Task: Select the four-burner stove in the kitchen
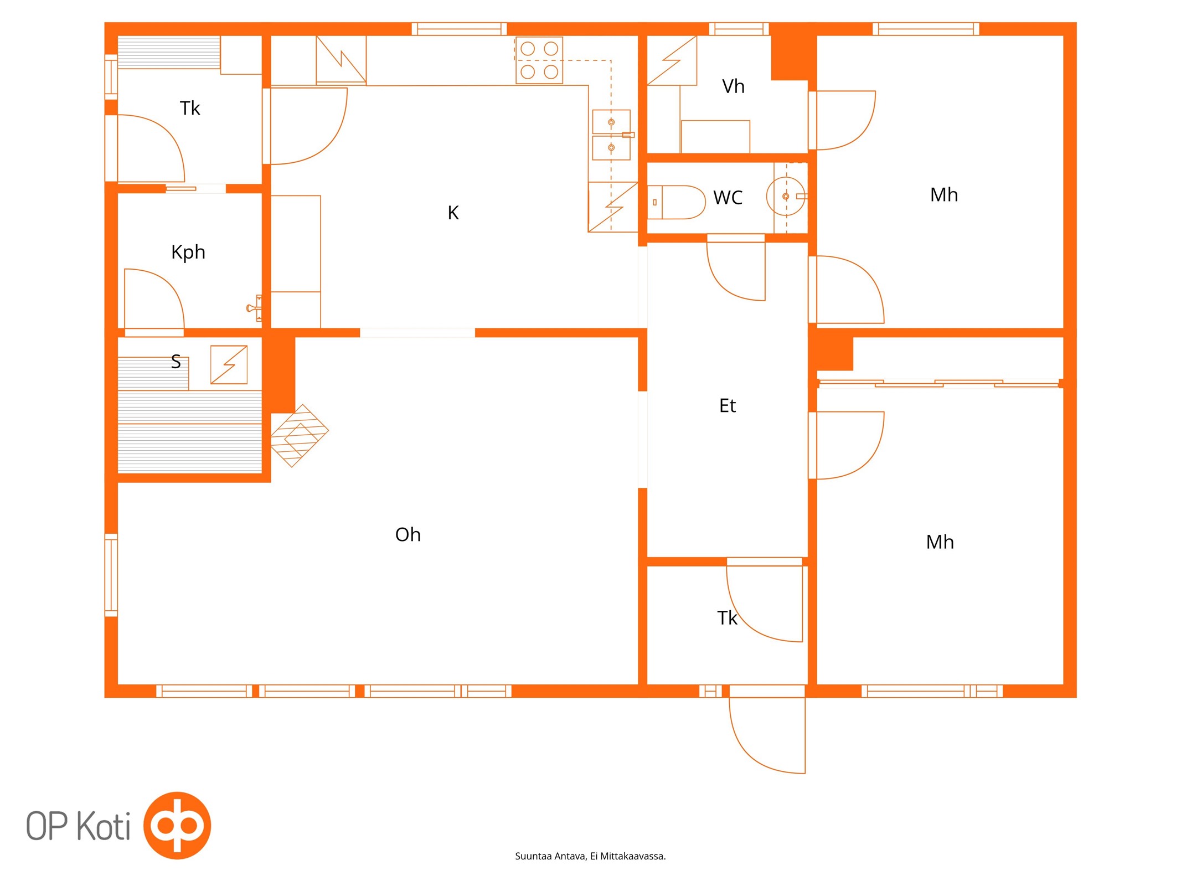point(539,60)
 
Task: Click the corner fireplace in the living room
point(299,435)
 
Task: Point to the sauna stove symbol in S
point(229,364)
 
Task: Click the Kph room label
point(188,253)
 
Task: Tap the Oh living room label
point(408,534)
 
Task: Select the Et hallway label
point(728,406)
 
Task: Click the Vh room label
point(733,86)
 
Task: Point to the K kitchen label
point(453,213)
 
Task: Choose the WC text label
point(728,198)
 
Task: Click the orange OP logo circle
point(177,826)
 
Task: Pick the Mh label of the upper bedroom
point(944,195)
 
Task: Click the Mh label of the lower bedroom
point(940,542)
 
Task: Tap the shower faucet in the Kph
point(254,308)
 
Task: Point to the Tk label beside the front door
point(727,618)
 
